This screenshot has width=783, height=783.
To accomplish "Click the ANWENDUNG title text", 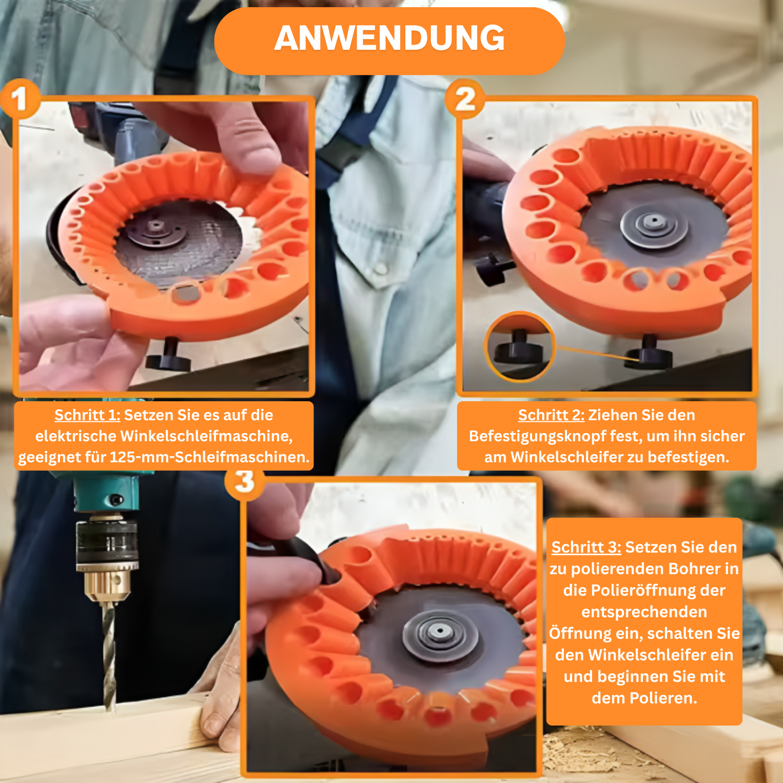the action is tap(389, 38).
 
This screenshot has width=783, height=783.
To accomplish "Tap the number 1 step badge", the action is tap(19, 99).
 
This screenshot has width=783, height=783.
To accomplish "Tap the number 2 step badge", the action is tap(465, 99).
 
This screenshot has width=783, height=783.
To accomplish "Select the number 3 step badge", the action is tap(245, 481).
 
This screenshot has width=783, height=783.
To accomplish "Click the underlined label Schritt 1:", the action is tap(87, 415).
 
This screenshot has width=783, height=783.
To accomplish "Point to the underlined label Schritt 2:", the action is tap(551, 415).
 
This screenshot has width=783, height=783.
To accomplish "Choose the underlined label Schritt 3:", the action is tap(586, 547).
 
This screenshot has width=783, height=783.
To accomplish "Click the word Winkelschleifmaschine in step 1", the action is tap(206, 436).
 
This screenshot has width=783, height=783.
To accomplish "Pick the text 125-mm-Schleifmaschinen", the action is tap(210, 457).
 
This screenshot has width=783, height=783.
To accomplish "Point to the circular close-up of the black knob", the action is tap(519, 347).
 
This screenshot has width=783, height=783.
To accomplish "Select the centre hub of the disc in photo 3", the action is tap(439, 632).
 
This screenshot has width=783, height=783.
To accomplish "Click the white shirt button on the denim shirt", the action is tap(380, 267).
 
